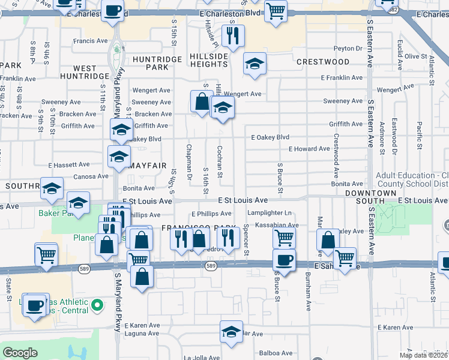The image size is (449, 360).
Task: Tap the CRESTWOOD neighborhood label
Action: (322, 62)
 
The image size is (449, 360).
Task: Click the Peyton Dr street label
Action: (348, 49)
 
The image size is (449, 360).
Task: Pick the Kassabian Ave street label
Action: (276, 226)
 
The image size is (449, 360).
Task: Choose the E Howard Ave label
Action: (309, 149)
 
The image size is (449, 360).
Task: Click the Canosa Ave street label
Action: (91, 176)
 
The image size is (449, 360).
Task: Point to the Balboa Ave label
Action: (274, 353)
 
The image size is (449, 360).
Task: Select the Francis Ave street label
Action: (90, 41)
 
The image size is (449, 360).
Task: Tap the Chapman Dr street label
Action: (189, 162)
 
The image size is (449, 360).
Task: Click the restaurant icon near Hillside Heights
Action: (233, 35)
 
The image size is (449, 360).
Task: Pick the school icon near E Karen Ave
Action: (231, 332)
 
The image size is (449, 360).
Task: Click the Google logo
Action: (20, 353)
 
